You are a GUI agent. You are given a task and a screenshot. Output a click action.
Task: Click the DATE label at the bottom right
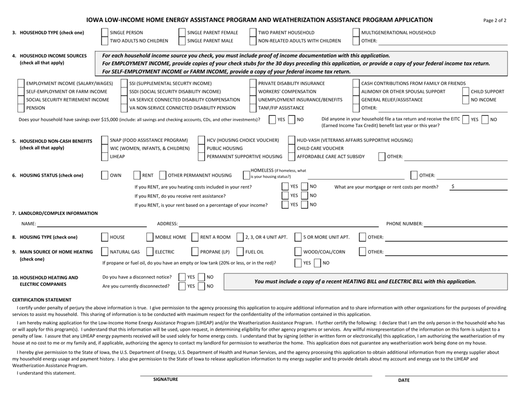point(404,380)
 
